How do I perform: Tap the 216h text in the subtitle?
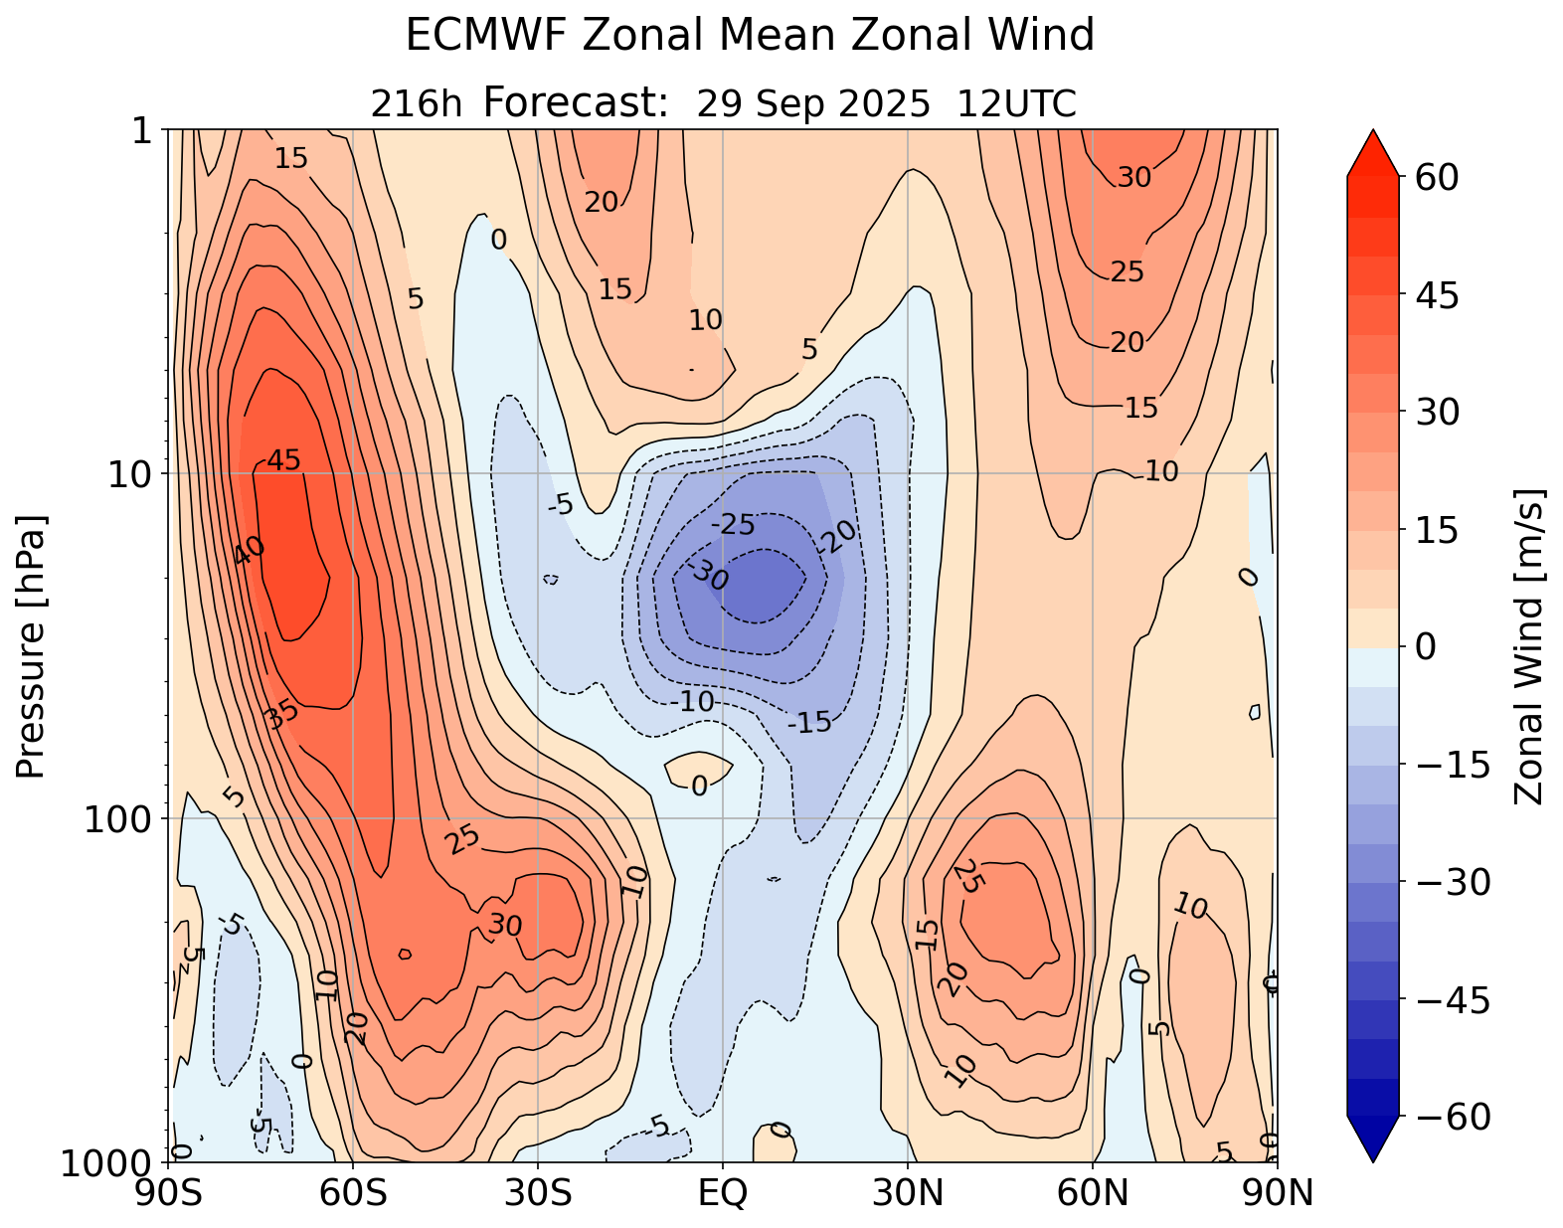pyautogui.click(x=416, y=103)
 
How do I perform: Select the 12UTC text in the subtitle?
pyautogui.click(x=1016, y=103)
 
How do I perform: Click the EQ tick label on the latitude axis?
pyautogui.click(x=723, y=1192)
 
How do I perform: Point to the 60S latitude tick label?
pyautogui.click(x=353, y=1192)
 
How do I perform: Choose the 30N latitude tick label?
pyautogui.click(x=908, y=1192)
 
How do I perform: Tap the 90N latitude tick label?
pyautogui.click(x=1278, y=1192)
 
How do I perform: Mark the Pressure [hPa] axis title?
pyautogui.click(x=32, y=646)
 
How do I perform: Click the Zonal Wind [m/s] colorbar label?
pyautogui.click(x=1528, y=646)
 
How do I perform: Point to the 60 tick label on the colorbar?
pyautogui.click(x=1436, y=178)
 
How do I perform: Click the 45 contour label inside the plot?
pyautogui.click(x=283, y=460)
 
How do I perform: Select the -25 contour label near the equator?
pyautogui.click(x=733, y=524)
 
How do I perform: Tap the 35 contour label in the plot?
pyautogui.click(x=281, y=714)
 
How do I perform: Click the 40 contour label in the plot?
pyautogui.click(x=249, y=550)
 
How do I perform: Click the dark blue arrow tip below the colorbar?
pyautogui.click(x=1372, y=1140)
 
